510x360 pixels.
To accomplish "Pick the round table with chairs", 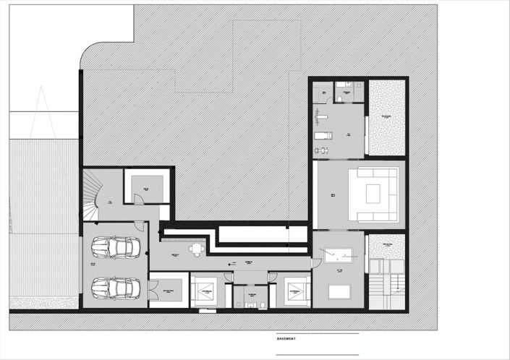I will coord(195,249).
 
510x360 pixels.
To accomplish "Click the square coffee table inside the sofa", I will coord(373,193).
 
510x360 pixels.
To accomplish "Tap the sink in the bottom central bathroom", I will coord(252,304).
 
